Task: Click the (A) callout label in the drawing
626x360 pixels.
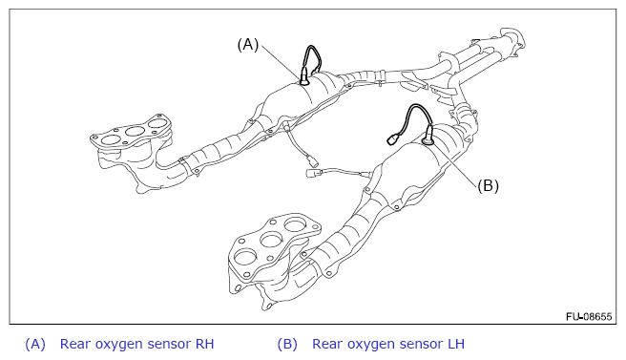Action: pyautogui.click(x=248, y=44)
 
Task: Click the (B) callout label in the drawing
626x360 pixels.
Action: pyautogui.click(x=488, y=185)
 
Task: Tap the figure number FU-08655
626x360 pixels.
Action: pyautogui.click(x=589, y=316)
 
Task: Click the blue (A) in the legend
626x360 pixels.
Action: pyautogui.click(x=35, y=344)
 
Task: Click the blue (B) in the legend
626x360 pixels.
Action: pyautogui.click(x=287, y=344)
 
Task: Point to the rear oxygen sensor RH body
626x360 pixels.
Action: pyautogui.click(x=303, y=76)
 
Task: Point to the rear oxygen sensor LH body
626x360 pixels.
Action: pyautogui.click(x=428, y=135)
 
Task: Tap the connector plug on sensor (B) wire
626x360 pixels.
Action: pyautogui.click(x=393, y=139)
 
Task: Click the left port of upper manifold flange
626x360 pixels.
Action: pyautogui.click(x=111, y=139)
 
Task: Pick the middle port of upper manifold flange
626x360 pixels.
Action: pyautogui.click(x=135, y=131)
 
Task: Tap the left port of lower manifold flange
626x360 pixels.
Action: pyautogui.click(x=245, y=257)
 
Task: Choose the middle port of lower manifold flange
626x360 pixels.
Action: pyautogui.click(x=271, y=240)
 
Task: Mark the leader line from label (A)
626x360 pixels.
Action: pyautogui.click(x=281, y=61)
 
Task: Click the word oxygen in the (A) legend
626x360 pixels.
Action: pyautogui.click(x=117, y=345)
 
